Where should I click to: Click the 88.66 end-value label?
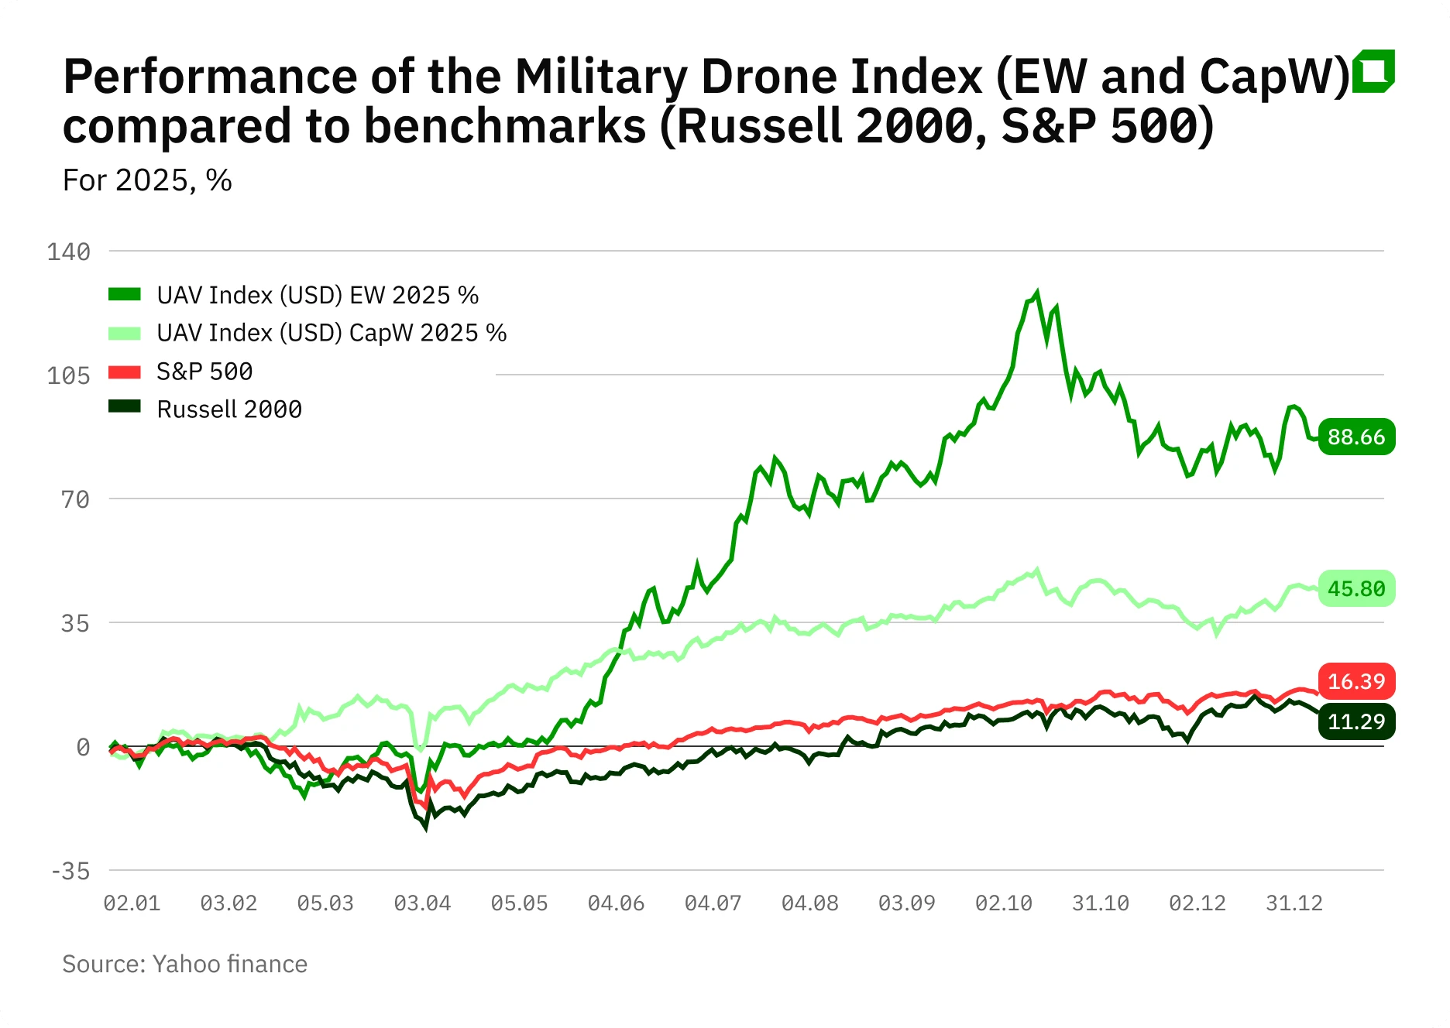click(x=1356, y=437)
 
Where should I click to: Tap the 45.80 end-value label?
click(x=1356, y=588)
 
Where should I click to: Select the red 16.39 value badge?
click(x=1356, y=681)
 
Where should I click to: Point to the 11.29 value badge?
click(x=1356, y=721)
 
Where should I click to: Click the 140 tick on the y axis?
click(x=69, y=252)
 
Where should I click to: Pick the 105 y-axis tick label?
click(x=69, y=375)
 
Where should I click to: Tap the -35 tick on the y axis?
click(x=70, y=871)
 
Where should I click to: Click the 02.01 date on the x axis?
click(x=132, y=903)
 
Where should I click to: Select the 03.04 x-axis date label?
click(x=422, y=903)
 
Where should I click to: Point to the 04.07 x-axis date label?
click(x=713, y=903)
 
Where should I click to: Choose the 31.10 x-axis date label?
click(x=1100, y=903)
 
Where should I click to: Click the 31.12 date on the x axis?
click(x=1294, y=903)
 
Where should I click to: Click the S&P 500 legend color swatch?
click(x=125, y=372)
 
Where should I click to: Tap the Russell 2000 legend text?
click(x=229, y=409)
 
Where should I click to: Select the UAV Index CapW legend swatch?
click(x=125, y=334)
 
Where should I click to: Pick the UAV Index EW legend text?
click(x=318, y=295)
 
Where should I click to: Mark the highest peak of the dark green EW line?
click(x=1036, y=293)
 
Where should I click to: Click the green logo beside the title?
click(x=1373, y=71)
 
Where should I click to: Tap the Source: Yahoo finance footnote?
click(x=184, y=964)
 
